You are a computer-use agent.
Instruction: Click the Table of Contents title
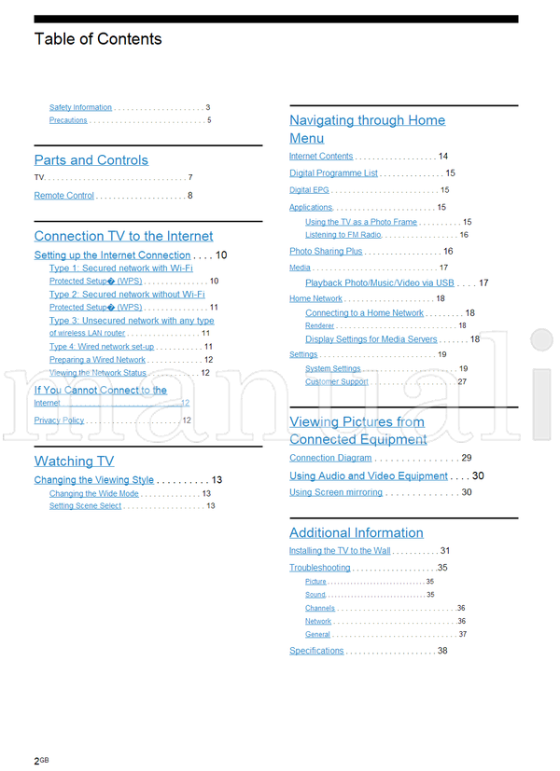pyautogui.click(x=98, y=39)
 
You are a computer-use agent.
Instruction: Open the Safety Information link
pyautogui.click(x=80, y=107)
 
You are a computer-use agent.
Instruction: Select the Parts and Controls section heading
pyautogui.click(x=91, y=160)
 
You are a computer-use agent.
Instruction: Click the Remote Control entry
pyautogui.click(x=64, y=196)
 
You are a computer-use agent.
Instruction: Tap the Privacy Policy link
pyautogui.click(x=59, y=420)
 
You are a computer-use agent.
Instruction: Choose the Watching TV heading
pyautogui.click(x=74, y=461)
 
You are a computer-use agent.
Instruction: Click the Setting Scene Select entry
pyautogui.click(x=85, y=506)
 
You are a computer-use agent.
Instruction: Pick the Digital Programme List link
pyautogui.click(x=333, y=173)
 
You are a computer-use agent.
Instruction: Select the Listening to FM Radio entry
pyautogui.click(x=343, y=235)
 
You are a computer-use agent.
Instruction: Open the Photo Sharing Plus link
pyautogui.click(x=326, y=252)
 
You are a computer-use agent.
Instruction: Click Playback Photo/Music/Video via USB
pyautogui.click(x=380, y=282)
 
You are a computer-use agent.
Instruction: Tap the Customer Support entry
pyautogui.click(x=337, y=382)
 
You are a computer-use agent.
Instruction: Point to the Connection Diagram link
pyautogui.click(x=330, y=459)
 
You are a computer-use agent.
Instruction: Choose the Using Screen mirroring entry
pyautogui.click(x=336, y=492)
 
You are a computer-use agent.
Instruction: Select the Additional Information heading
pyautogui.click(x=357, y=533)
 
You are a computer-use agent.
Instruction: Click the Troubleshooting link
pyautogui.click(x=320, y=568)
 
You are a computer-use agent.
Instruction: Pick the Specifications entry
pyautogui.click(x=316, y=651)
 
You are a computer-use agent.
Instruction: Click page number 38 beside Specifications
pyautogui.click(x=442, y=651)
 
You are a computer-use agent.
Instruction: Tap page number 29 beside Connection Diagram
pyautogui.click(x=467, y=459)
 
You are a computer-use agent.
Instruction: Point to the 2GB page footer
pyautogui.click(x=41, y=761)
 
